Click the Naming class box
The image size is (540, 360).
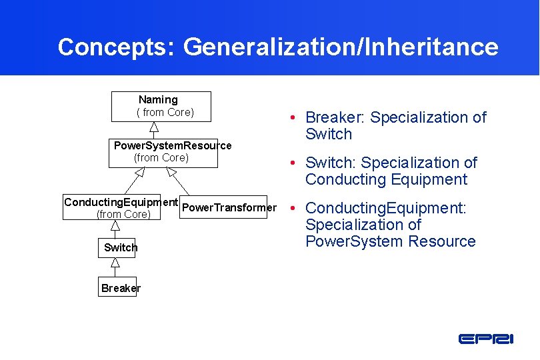pyautogui.click(x=161, y=106)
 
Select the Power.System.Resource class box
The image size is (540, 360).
pyautogui.click(x=163, y=152)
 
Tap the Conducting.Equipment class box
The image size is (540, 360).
pyautogui.click(x=111, y=207)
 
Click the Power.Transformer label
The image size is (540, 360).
pyautogui.click(x=229, y=207)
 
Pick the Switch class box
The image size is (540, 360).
pyautogui.click(x=117, y=247)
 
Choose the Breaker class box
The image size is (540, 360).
pyautogui.click(x=117, y=287)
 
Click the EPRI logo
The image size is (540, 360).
pyautogui.click(x=486, y=339)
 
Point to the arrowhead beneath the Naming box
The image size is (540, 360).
pyautogui.click(x=153, y=127)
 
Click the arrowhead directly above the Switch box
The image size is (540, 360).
pyautogui.click(x=115, y=226)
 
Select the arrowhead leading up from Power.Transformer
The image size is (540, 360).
pyautogui.click(x=171, y=172)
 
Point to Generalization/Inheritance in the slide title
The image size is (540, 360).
pyautogui.click(x=341, y=47)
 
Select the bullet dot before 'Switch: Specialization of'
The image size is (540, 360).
pyautogui.click(x=293, y=163)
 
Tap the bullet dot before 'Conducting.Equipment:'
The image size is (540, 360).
pyautogui.click(x=293, y=209)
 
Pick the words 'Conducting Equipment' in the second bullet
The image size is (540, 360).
pyautogui.click(x=386, y=179)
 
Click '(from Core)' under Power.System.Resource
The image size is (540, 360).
pyautogui.click(x=161, y=158)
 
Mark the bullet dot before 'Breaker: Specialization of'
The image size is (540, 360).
pyautogui.click(x=293, y=118)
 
